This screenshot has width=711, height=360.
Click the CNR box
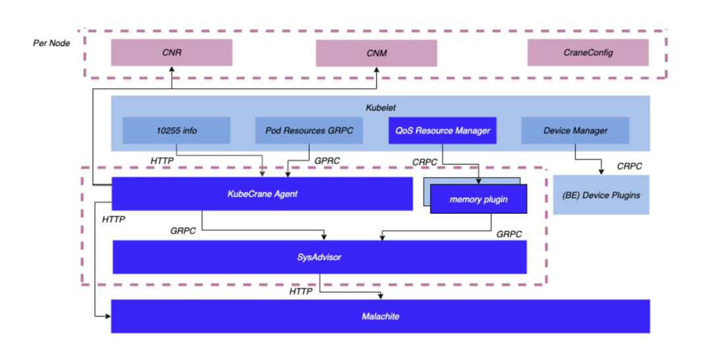click(x=171, y=53)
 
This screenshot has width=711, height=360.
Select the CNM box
click(x=377, y=53)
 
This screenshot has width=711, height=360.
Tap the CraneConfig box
click(x=588, y=53)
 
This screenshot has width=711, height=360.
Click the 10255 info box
click(x=176, y=130)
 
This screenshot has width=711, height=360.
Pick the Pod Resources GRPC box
click(x=309, y=130)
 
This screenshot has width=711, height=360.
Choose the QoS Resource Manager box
click(x=442, y=130)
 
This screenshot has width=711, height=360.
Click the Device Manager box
click(x=575, y=130)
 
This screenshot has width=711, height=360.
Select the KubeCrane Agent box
click(x=262, y=193)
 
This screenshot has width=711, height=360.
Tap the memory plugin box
click(x=479, y=199)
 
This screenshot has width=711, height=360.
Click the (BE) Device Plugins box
click(x=601, y=195)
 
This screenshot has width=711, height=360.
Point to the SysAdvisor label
click(x=319, y=257)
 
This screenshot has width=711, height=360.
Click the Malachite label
click(x=381, y=317)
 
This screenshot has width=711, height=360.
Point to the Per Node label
click(x=51, y=43)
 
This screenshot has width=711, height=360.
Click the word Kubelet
click(x=380, y=107)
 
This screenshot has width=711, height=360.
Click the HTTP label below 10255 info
click(x=163, y=160)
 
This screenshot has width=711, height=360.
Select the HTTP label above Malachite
click(x=302, y=291)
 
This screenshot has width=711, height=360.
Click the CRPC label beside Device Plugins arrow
click(x=629, y=166)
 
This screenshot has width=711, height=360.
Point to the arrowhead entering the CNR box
click(x=171, y=69)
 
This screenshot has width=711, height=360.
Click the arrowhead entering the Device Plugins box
click(x=600, y=172)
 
